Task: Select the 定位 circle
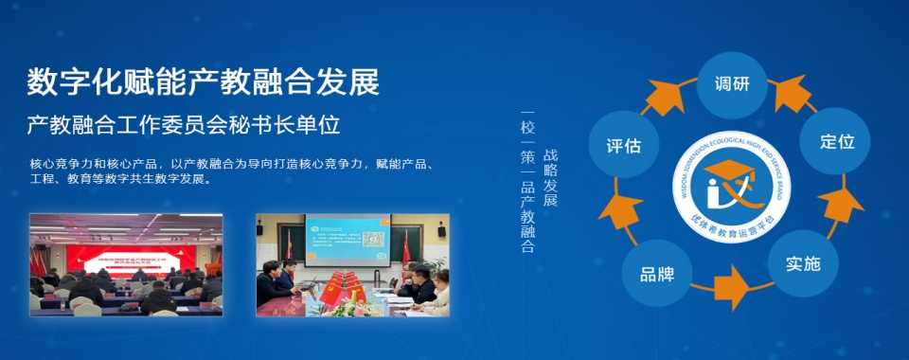click(x=836, y=141)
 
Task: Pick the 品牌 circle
click(x=656, y=275)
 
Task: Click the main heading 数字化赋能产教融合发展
click(x=203, y=82)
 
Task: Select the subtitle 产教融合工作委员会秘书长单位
click(x=183, y=124)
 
